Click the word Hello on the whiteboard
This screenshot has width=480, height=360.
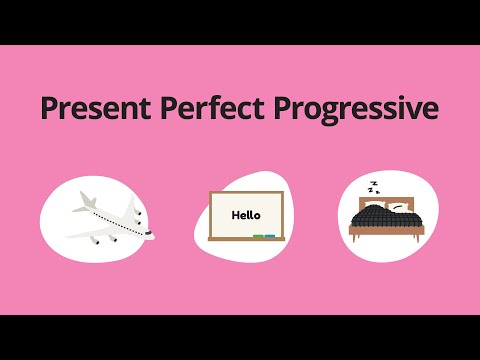tap(245, 214)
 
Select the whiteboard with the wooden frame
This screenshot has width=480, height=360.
tap(245, 216)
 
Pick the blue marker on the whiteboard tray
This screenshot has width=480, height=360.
tap(269, 236)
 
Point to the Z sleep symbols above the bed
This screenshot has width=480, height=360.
tap(373, 187)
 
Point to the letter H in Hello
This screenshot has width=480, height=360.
tap(234, 214)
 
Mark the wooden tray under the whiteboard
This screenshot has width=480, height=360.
tap(245, 238)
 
